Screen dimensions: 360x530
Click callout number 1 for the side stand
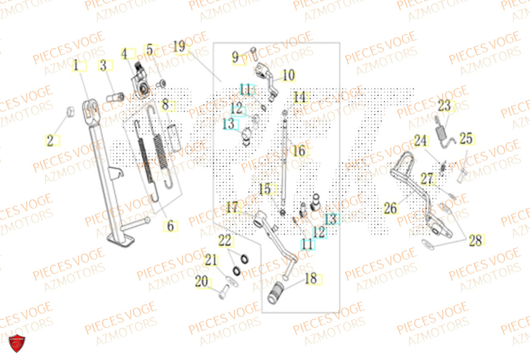[77, 66]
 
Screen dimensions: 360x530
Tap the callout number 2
[51, 141]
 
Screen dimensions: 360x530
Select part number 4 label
[126, 54]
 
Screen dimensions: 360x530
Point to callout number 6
[170, 226]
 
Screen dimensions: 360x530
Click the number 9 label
[236, 57]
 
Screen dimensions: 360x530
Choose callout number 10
[288, 76]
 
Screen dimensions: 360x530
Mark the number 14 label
[300, 98]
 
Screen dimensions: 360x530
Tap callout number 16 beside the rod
[299, 151]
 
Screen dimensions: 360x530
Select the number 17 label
[232, 207]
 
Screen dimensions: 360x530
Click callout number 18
[311, 278]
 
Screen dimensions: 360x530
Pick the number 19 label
[180, 47]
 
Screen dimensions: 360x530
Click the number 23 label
[444, 106]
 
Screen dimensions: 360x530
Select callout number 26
[391, 208]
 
